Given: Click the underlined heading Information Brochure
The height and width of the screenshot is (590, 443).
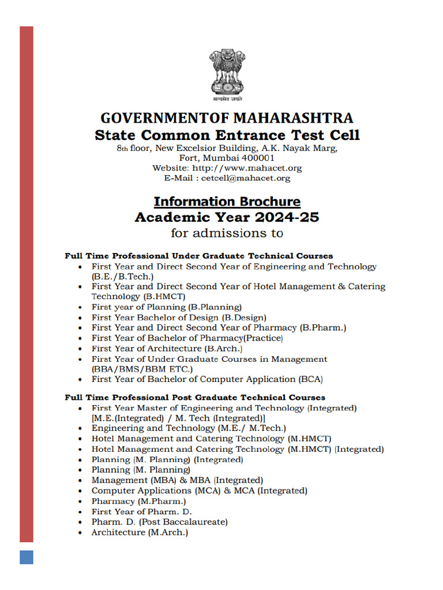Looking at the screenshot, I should pos(227,202).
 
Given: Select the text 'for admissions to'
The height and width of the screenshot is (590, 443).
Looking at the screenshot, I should pos(227,233).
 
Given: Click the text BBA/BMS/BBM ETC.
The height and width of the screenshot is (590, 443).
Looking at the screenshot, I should pos(142,369).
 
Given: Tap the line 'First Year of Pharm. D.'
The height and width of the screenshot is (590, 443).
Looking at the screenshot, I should pos(141,512).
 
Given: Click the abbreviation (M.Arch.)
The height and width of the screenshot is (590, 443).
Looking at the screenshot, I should pos(168,532).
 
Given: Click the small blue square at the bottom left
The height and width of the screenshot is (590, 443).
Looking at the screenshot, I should pos(27,557).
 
